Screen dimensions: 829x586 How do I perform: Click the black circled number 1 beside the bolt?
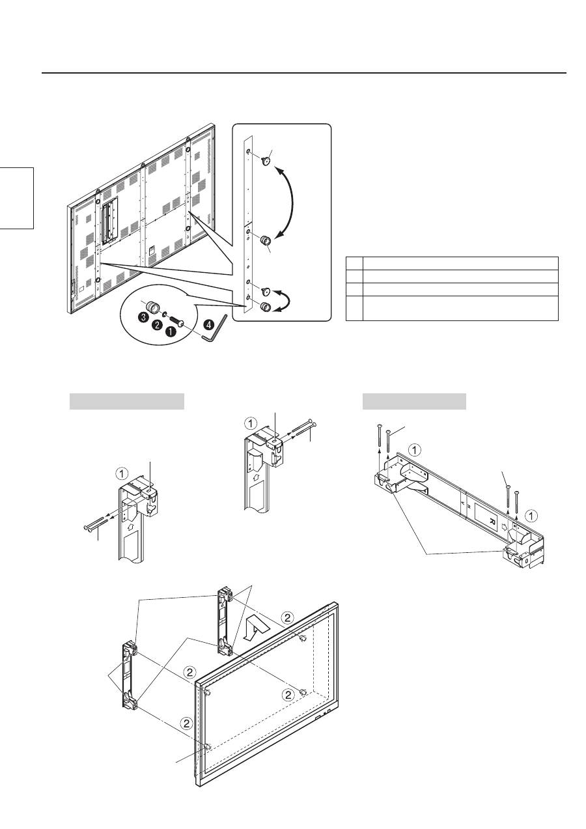pos(173,331)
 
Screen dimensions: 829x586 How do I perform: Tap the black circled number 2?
pos(157,325)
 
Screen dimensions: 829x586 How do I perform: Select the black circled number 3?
pos(142,317)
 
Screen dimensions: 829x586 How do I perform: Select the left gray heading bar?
pos(127,401)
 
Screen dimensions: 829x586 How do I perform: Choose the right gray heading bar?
pos(414,401)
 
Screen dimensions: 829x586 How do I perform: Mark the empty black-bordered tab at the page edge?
pos(16,197)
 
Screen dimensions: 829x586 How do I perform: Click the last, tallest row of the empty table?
pos(452,308)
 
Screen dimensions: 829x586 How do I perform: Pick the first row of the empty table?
pos(452,263)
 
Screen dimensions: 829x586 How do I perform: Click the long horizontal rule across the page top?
pos(304,73)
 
